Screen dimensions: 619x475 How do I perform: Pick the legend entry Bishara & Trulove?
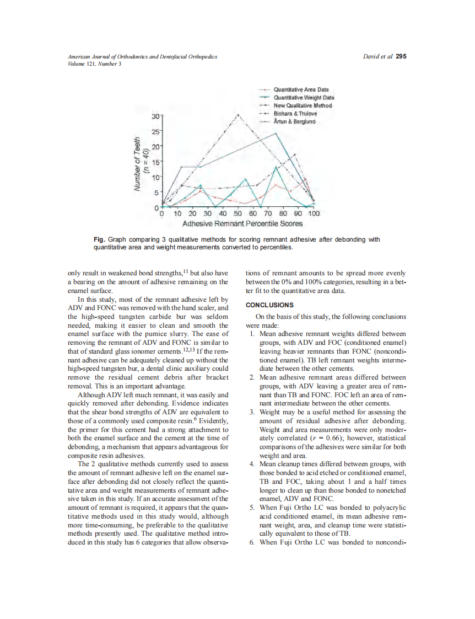(x=295, y=114)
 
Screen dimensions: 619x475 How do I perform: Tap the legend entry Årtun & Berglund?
(x=295, y=121)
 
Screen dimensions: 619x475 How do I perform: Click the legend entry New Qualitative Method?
(x=302, y=105)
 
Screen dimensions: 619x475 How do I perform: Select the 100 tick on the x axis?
(x=313, y=214)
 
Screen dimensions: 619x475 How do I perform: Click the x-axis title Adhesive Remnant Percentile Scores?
(x=242, y=224)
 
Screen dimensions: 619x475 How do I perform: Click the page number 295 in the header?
(x=401, y=57)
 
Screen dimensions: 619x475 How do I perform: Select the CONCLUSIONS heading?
(x=269, y=305)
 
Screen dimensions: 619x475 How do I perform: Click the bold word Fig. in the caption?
(x=100, y=239)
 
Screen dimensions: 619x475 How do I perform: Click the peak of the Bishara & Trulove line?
(x=238, y=115)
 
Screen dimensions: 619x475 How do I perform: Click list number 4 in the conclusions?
(x=251, y=465)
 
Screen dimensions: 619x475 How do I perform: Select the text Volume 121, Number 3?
(x=94, y=63)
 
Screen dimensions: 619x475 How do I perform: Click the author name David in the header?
(x=373, y=57)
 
